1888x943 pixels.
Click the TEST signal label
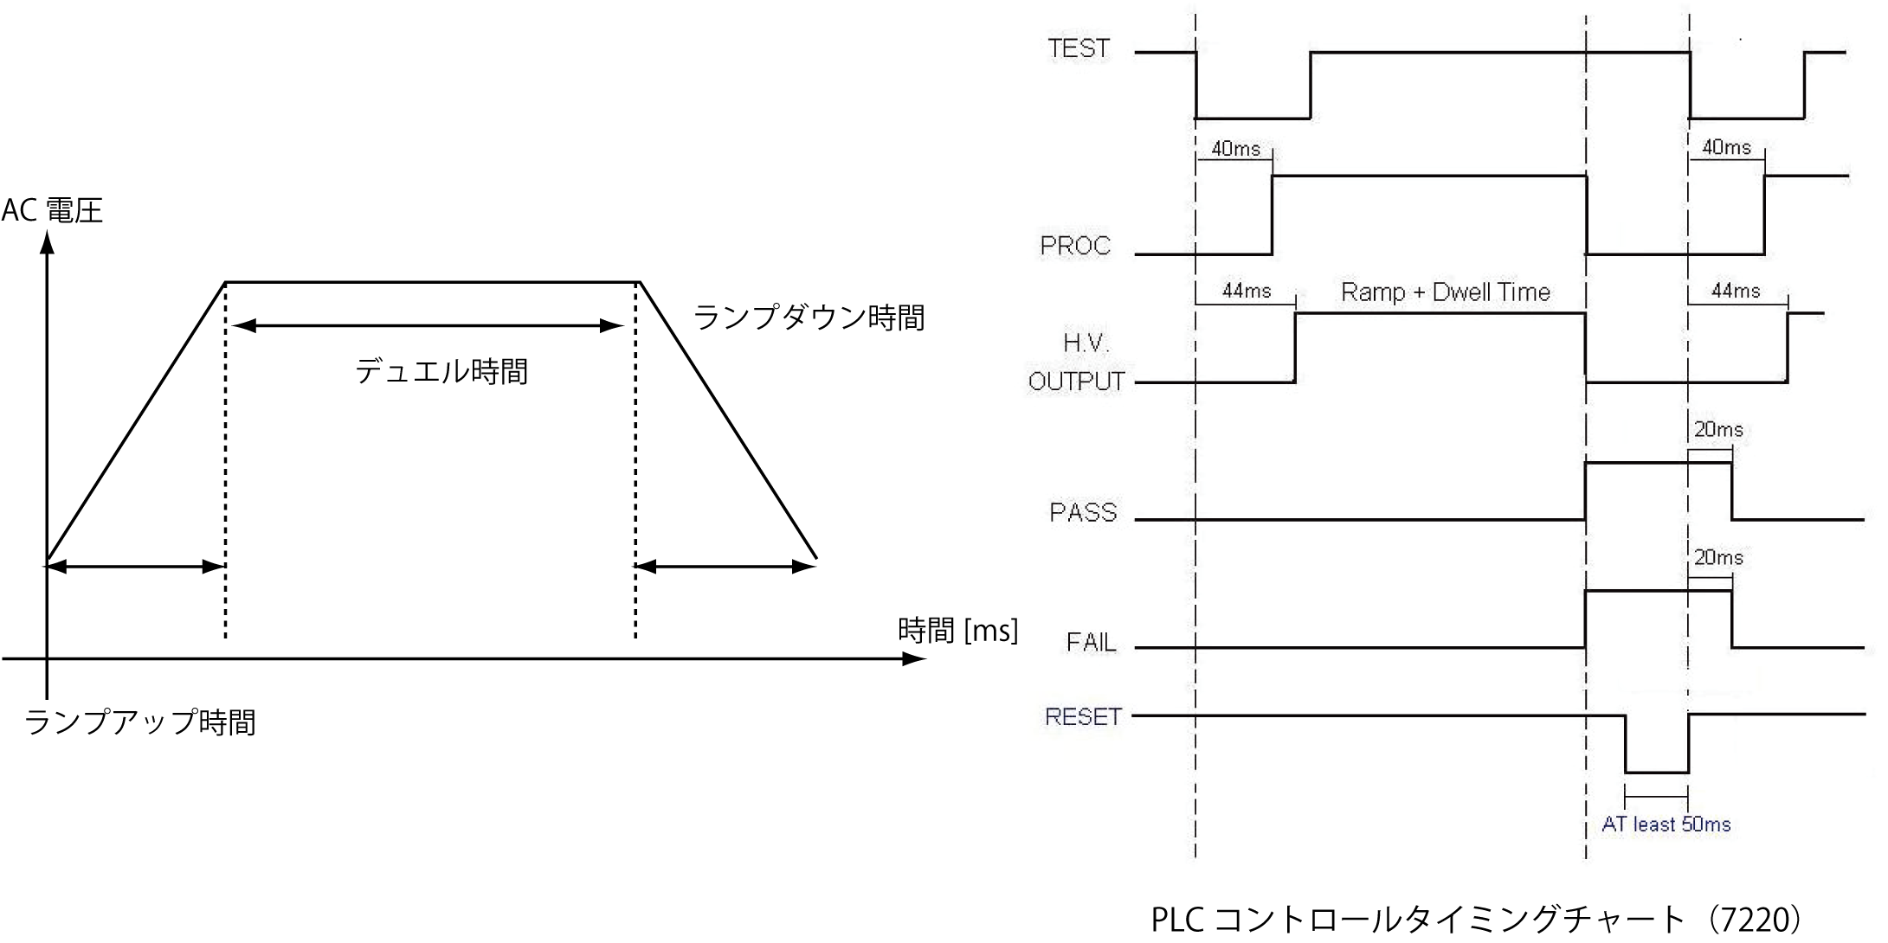click(x=1078, y=48)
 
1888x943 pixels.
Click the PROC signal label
click(x=1074, y=247)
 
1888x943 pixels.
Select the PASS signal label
click(x=1082, y=513)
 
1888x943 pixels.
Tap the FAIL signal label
click(x=1091, y=643)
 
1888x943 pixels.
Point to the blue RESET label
click(x=1082, y=717)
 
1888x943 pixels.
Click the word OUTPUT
click(x=1076, y=382)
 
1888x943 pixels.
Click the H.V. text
click(x=1085, y=343)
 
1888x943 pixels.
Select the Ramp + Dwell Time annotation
click(x=1445, y=292)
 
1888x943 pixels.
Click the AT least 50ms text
click(x=1666, y=824)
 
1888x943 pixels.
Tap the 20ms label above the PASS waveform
click(x=1717, y=430)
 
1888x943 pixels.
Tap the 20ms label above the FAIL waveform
click(x=1717, y=558)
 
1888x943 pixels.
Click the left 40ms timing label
click(x=1235, y=149)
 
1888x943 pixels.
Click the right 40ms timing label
click(x=1726, y=148)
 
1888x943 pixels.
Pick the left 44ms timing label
click(x=1247, y=291)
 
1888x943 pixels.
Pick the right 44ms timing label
click(x=1736, y=291)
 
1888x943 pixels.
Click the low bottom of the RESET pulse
click(x=1657, y=773)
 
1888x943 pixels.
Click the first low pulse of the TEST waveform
click(x=1253, y=119)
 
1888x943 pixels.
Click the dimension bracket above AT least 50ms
click(x=1657, y=796)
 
